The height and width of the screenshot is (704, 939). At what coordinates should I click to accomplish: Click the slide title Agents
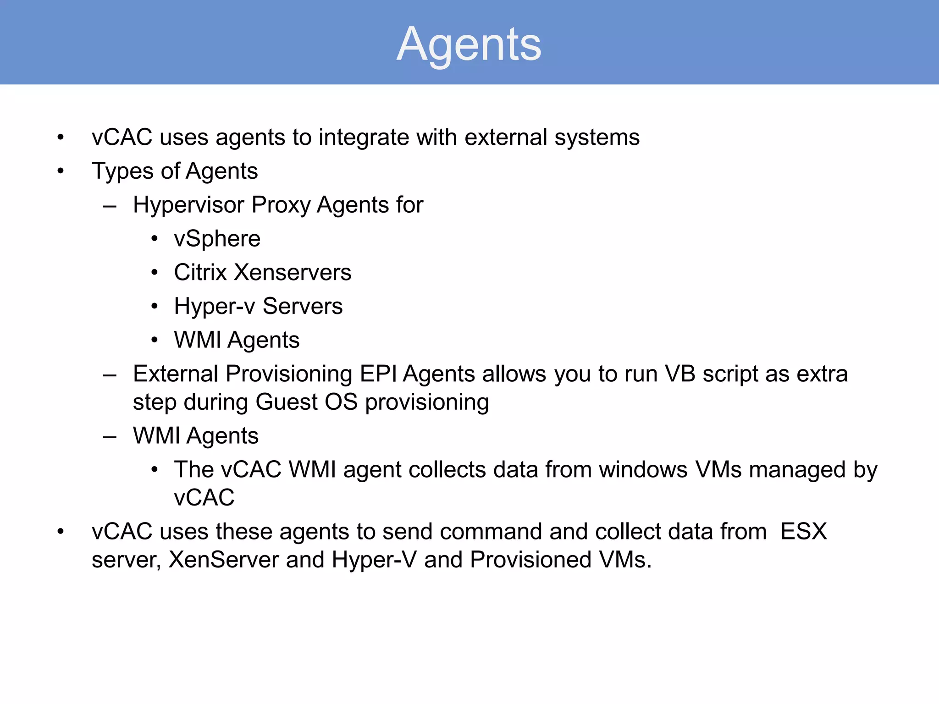pyautogui.click(x=469, y=44)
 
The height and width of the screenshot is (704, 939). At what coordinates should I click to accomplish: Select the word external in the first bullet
pyautogui.click(x=506, y=137)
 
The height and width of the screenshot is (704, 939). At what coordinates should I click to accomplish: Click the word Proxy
pyautogui.click(x=281, y=205)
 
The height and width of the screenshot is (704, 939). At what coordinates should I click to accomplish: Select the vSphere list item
pyautogui.click(x=217, y=239)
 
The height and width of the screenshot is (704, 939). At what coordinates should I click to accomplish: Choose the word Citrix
pyautogui.click(x=200, y=272)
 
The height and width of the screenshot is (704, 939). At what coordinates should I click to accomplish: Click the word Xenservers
pyautogui.click(x=293, y=272)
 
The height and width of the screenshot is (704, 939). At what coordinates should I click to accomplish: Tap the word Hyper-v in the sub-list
pyautogui.click(x=214, y=306)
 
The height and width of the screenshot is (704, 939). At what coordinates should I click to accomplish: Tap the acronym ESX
pyautogui.click(x=803, y=532)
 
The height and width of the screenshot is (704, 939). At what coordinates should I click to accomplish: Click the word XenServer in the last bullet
pyautogui.click(x=224, y=560)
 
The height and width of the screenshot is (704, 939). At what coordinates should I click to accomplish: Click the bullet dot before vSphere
pyautogui.click(x=155, y=239)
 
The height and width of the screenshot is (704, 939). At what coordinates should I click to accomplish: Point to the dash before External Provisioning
pyautogui.click(x=110, y=375)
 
